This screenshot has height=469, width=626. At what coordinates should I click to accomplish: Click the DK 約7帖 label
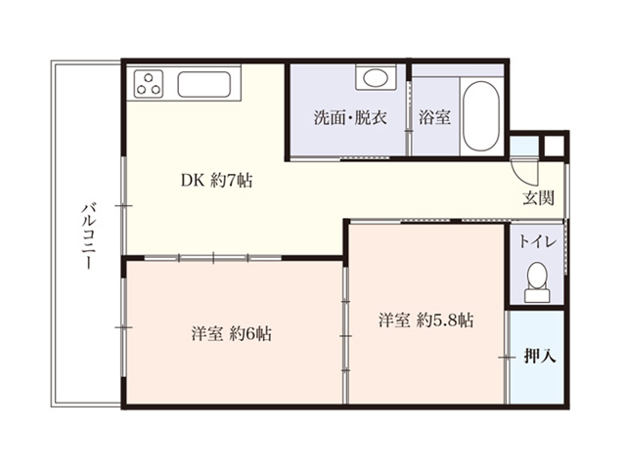coord(216,181)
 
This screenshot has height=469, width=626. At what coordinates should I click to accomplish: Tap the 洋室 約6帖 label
coord(232,334)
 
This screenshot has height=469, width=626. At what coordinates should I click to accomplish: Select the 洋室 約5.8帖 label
coord(426,320)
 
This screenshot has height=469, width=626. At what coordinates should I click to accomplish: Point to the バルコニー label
coord(89,236)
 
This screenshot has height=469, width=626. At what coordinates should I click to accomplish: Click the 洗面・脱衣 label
coord(350,117)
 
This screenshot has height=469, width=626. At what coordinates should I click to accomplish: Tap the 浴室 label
coord(434,117)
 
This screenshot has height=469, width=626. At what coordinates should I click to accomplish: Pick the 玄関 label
coord(539,197)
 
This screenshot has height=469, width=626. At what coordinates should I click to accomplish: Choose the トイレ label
coord(537,241)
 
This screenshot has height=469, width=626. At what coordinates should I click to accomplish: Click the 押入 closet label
coord(540,356)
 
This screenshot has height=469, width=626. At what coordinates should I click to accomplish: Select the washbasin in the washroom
coord(376,77)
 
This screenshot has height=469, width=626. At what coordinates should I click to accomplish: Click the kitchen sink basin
coord(204,84)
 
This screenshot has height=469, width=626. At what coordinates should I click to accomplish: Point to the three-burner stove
coord(149,84)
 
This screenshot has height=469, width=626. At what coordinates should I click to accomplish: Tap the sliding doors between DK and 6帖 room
coord(213,258)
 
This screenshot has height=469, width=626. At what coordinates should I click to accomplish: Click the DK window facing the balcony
coord(124,205)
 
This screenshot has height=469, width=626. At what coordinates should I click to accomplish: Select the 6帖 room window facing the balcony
coord(124,327)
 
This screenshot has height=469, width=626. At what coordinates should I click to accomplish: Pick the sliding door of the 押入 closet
coord(507,358)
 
